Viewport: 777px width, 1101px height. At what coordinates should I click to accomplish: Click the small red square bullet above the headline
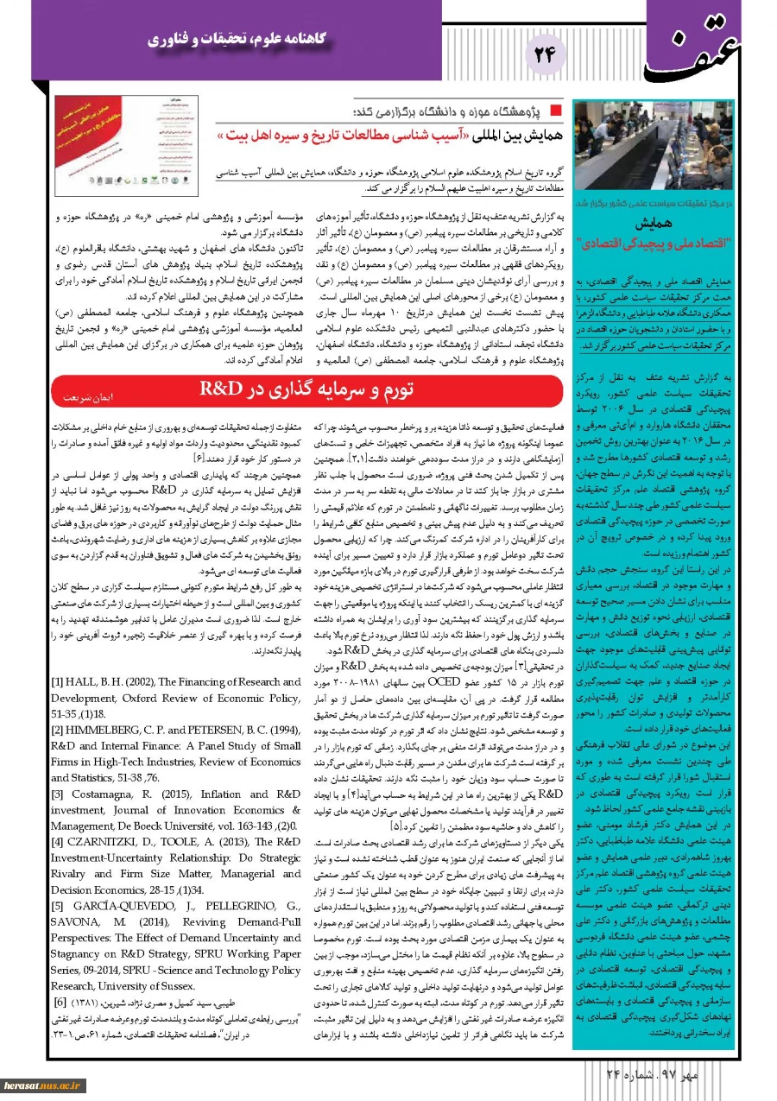pyautogui.click(x=554, y=111)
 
